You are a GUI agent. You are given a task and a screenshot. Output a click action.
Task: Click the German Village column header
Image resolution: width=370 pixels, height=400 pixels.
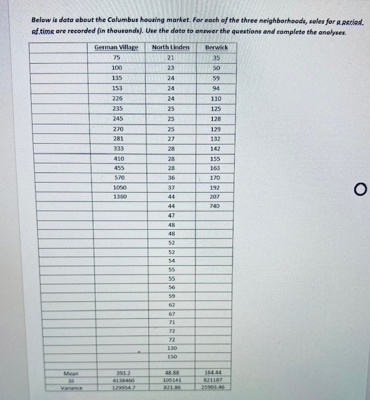(116, 47)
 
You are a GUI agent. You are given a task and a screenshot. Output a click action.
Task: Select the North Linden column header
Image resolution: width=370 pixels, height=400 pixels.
(170, 47)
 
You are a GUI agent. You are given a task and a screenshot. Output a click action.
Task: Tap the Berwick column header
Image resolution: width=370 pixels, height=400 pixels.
(217, 47)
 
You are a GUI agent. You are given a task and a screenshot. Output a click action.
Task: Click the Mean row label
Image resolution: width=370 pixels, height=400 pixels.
(71, 372)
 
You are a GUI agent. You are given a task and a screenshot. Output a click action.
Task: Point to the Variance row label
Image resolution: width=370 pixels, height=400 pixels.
(71, 387)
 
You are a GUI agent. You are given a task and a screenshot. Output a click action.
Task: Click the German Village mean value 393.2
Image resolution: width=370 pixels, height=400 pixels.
(118, 372)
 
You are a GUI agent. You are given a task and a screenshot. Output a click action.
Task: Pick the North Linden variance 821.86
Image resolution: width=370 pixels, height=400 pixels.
(170, 387)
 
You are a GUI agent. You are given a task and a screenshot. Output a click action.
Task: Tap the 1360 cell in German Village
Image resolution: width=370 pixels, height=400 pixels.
(118, 196)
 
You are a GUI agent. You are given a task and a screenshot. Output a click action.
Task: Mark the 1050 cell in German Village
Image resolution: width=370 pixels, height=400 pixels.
(118, 187)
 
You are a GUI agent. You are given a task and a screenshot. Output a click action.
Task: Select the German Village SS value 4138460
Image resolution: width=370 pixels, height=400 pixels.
(118, 380)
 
